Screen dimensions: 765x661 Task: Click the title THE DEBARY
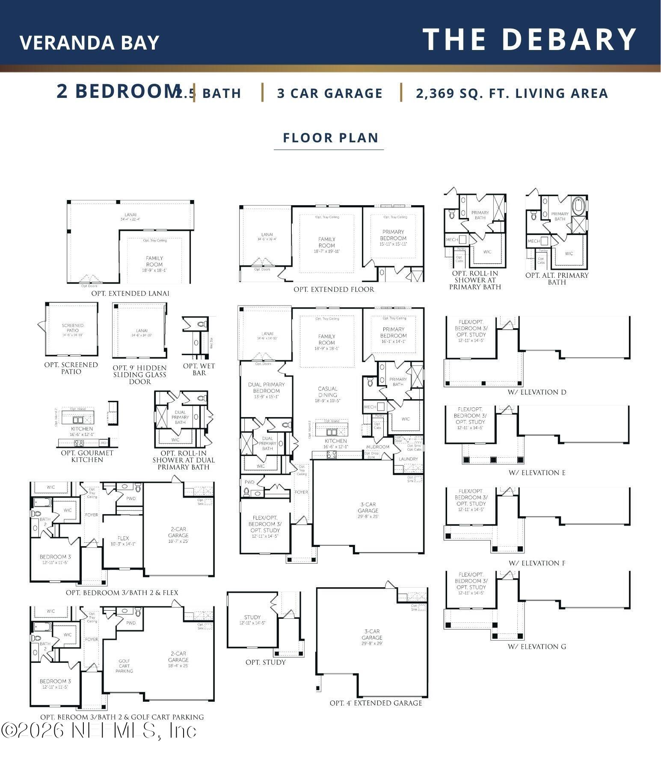pyautogui.click(x=530, y=39)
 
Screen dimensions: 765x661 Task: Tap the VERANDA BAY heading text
pyautogui.click(x=89, y=42)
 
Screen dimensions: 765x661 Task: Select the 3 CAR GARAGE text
pyautogui.click(x=329, y=93)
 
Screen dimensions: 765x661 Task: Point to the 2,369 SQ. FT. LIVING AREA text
pyautogui.click(x=512, y=93)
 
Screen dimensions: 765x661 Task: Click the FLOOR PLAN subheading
pyautogui.click(x=331, y=138)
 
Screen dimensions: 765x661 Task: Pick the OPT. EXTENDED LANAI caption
pyautogui.click(x=130, y=294)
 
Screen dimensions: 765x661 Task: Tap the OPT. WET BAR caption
pyautogui.click(x=199, y=369)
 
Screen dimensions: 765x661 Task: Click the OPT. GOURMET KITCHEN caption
pyautogui.click(x=87, y=456)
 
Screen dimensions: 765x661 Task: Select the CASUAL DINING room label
pyautogui.click(x=328, y=392)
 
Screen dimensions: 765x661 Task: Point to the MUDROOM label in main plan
pyautogui.click(x=378, y=447)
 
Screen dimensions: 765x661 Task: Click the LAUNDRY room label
pyautogui.click(x=408, y=459)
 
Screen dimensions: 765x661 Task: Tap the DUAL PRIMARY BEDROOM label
pyautogui.click(x=267, y=388)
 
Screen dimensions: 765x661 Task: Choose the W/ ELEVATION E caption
pyautogui.click(x=537, y=473)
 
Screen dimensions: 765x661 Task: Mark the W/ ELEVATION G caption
pyautogui.click(x=537, y=647)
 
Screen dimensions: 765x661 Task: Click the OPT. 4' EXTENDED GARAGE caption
pyautogui.click(x=376, y=703)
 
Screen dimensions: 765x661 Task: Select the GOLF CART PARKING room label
pyautogui.click(x=124, y=666)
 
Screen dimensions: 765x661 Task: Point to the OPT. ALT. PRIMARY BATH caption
pyautogui.click(x=557, y=279)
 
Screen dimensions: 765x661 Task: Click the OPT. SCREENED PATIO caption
pyautogui.click(x=71, y=368)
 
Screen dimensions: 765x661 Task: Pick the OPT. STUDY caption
pyautogui.click(x=265, y=662)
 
